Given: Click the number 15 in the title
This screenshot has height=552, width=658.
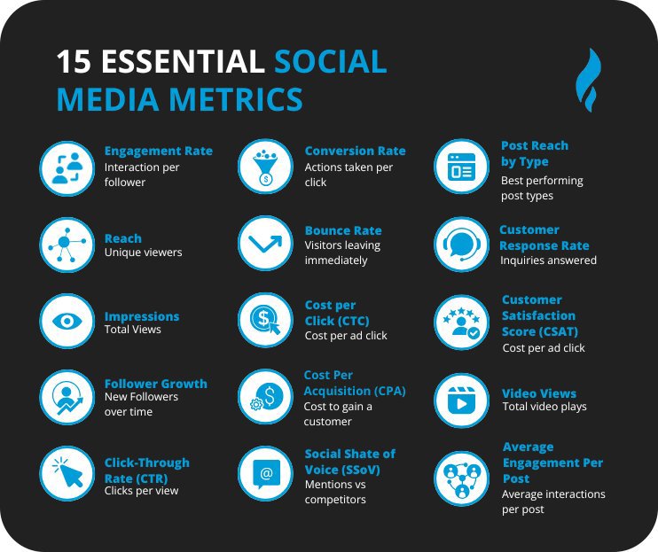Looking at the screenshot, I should (x=73, y=62).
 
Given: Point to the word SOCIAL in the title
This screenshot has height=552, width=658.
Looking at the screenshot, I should (x=330, y=62).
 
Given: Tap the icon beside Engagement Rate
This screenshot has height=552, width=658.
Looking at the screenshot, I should (x=67, y=167).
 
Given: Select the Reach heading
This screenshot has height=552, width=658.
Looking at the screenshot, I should (x=122, y=237).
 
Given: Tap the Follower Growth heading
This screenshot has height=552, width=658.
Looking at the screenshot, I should (x=155, y=384).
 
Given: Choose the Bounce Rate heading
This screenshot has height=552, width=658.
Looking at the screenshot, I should (x=343, y=230).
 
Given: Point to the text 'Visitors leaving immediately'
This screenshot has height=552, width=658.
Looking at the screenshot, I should (x=342, y=253).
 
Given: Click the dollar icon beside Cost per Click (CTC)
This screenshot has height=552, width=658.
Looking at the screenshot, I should (x=264, y=320).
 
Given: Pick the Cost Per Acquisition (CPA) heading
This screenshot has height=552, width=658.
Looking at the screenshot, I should (x=355, y=383).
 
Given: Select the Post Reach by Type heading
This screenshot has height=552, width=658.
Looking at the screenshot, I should (x=535, y=153).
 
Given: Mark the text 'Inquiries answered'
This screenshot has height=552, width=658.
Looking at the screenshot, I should (x=548, y=260).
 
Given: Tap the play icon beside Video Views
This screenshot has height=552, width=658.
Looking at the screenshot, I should (x=461, y=400).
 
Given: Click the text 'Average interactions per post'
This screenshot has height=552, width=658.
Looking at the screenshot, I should (x=553, y=501).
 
